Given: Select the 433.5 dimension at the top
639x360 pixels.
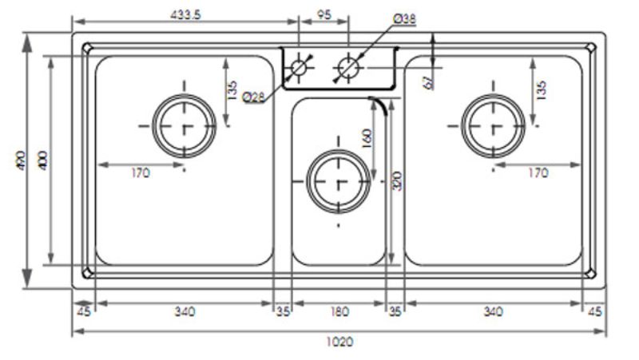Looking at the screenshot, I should click(x=185, y=15).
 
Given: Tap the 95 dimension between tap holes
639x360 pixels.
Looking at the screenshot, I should click(x=323, y=15).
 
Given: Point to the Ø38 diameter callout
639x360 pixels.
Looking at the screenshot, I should click(x=404, y=18).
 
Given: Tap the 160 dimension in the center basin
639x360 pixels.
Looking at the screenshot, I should click(x=367, y=139).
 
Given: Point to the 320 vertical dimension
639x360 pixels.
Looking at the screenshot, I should click(x=397, y=184).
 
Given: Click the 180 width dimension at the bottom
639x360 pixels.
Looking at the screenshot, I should click(x=339, y=311).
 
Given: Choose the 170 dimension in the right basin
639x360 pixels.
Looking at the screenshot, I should click(x=537, y=173).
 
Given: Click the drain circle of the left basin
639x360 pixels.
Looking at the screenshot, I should click(x=185, y=125).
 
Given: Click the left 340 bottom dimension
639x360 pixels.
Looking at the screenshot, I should click(x=185, y=311).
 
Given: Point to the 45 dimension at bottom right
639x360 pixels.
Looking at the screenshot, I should click(x=595, y=311).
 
